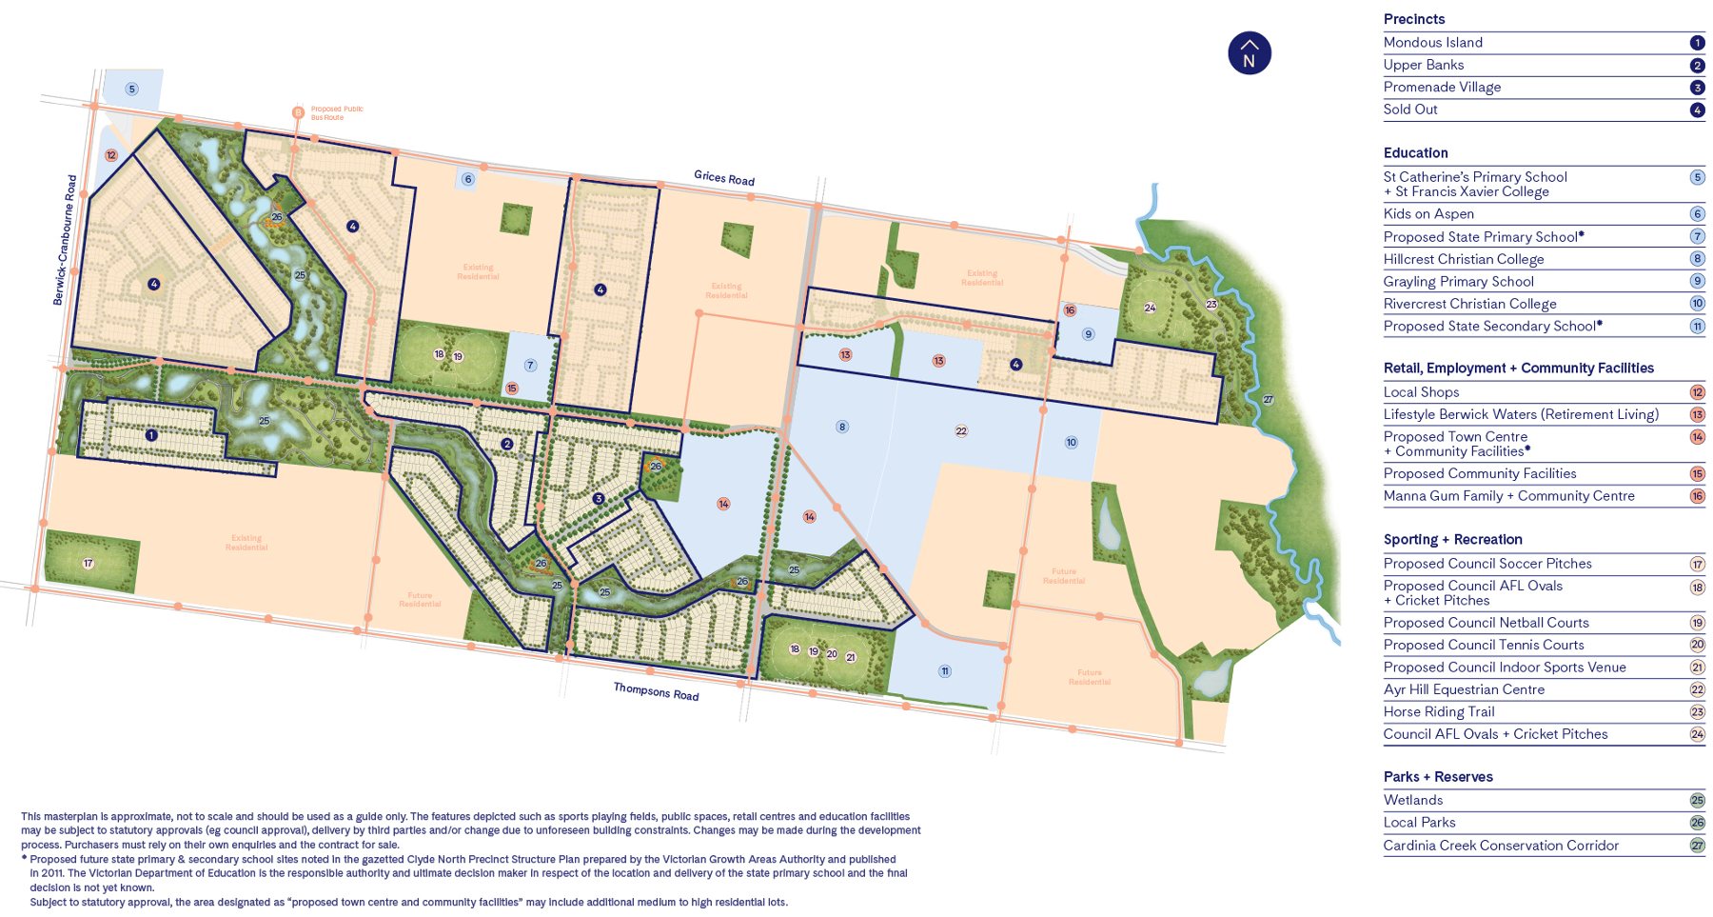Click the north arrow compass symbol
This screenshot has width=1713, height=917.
(x=1249, y=54)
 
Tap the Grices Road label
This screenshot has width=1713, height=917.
(x=724, y=178)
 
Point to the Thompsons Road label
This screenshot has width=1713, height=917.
(x=656, y=691)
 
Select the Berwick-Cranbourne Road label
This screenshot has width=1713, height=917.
(x=65, y=240)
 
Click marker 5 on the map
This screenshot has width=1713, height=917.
(x=132, y=90)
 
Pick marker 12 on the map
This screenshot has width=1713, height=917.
(x=111, y=155)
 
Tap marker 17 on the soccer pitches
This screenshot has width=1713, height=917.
(x=89, y=564)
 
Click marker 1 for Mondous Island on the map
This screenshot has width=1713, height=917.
(x=151, y=435)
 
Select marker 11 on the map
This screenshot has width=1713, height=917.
(x=945, y=671)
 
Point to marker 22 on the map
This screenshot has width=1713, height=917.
(x=961, y=431)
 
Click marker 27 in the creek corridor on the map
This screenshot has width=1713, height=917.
(x=1268, y=400)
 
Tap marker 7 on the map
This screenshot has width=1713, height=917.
(x=530, y=366)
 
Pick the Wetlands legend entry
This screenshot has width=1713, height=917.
(x=1413, y=800)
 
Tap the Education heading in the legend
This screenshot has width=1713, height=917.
(x=1415, y=152)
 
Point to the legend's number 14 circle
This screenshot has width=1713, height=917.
(x=1697, y=437)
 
